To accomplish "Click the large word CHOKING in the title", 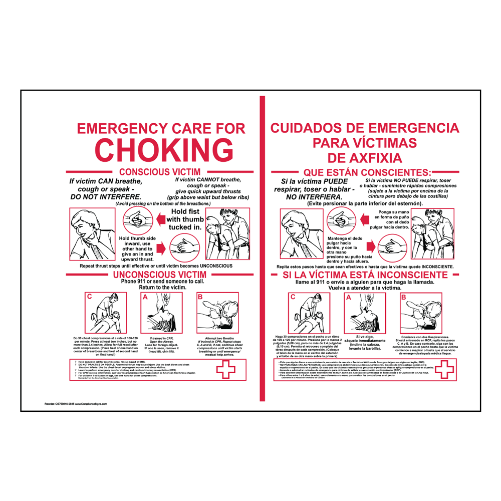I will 164,149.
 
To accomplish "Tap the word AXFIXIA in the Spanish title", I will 364,158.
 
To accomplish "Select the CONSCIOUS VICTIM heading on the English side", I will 159,172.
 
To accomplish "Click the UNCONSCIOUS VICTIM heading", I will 159,275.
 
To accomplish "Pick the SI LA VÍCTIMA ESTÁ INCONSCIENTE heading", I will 365,275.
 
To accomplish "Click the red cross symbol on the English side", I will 224,371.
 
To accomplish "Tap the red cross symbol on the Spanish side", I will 443,370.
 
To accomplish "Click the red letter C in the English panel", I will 90,297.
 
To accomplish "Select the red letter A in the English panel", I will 146,297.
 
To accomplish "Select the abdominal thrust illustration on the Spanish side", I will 431,233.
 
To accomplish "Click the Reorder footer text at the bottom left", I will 76,403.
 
